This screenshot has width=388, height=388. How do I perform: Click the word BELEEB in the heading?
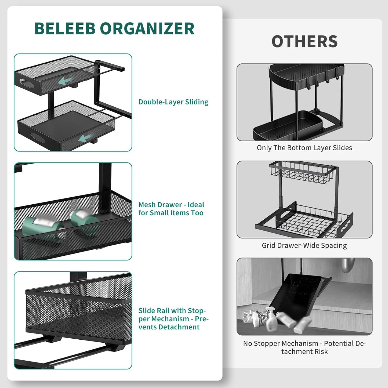pos(65,28)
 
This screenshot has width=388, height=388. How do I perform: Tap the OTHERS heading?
pos(304,42)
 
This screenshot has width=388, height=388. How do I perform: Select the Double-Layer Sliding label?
pos(173,102)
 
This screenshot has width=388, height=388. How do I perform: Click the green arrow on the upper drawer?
pos(66,81)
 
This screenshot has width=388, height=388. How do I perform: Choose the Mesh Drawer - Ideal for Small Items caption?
pos(171,209)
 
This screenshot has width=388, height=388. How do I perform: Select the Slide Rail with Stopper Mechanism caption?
pos(173,319)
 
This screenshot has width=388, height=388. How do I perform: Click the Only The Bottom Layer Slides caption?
pos(304,148)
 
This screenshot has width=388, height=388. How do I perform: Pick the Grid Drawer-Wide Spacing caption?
pos(304,245)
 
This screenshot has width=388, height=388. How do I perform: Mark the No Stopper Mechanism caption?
pos(304,347)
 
